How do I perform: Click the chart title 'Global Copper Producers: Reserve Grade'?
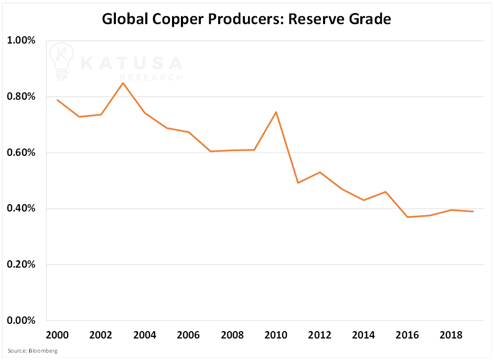(246, 19)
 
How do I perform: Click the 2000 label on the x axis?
(57, 335)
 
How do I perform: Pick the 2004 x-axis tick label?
(144, 335)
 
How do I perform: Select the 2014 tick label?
(363, 335)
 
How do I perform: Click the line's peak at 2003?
(123, 83)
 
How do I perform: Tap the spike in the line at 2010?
(276, 112)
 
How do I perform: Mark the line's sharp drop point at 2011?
(298, 183)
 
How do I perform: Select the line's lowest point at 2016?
(407, 217)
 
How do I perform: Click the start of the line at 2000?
(57, 100)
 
